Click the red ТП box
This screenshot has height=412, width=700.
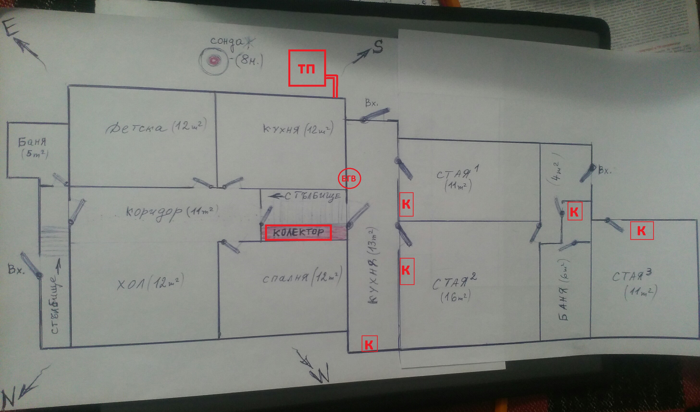(307, 68)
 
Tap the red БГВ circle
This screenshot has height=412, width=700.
(349, 179)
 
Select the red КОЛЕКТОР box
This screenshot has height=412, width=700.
(298, 232)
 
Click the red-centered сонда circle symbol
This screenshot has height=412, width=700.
(214, 60)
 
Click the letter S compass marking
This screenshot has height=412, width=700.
(378, 47)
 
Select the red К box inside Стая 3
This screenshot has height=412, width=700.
(641, 230)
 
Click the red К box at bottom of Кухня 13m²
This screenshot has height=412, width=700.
(369, 344)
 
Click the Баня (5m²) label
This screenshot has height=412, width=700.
(33, 147)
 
